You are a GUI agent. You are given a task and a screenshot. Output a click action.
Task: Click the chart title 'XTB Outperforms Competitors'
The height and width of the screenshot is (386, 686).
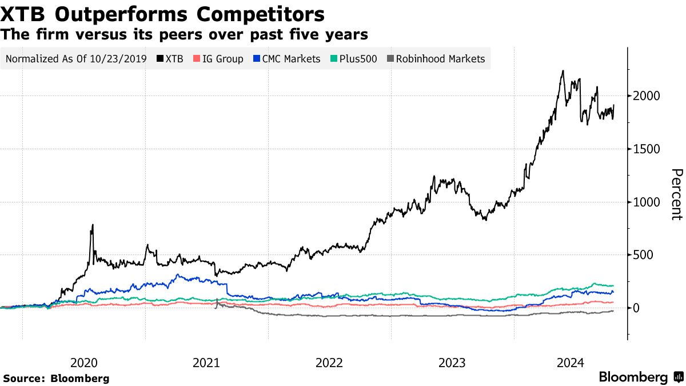pos(163,14)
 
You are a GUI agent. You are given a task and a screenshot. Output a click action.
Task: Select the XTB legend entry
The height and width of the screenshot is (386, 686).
pos(170,59)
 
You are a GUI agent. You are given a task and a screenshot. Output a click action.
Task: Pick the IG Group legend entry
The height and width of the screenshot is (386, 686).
pos(219,59)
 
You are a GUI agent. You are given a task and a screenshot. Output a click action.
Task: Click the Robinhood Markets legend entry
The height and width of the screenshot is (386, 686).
pos(436,59)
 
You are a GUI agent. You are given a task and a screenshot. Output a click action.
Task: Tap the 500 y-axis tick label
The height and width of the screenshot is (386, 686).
pos(643,255)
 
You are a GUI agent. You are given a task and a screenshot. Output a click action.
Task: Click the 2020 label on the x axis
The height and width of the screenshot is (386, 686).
pos(84,362)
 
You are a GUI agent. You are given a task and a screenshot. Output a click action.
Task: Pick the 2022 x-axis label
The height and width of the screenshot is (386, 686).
pos(329,362)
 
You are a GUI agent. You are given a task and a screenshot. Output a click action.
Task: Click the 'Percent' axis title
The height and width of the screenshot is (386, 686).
pos(676,194)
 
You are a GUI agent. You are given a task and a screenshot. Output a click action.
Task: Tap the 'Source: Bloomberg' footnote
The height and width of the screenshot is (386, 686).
pos(56,379)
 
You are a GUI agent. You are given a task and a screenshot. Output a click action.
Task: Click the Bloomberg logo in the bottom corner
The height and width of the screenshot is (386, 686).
pos(640,377)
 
